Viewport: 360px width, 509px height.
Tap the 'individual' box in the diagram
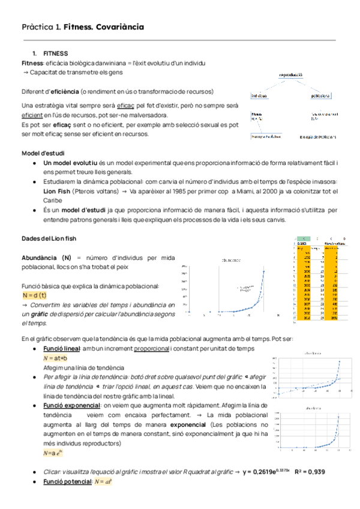click(x=259, y=95)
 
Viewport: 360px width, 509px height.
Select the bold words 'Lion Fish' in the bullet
click(x=56, y=191)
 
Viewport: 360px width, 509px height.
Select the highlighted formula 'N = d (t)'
click(x=34, y=296)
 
